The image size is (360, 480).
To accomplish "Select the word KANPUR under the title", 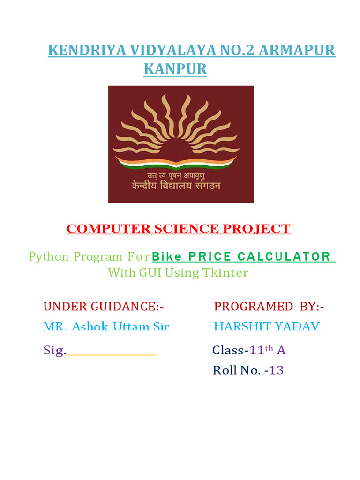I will click(175, 69).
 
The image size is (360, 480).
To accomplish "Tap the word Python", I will click(49, 256).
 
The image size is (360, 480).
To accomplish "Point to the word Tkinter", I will click(225, 272).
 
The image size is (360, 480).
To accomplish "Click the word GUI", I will click(150, 272).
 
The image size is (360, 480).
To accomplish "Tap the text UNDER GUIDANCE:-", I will click(104, 307).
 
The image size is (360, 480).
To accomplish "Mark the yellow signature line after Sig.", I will click(111, 355).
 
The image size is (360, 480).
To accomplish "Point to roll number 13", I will click(277, 370).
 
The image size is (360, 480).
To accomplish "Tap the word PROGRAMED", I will click(253, 307).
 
